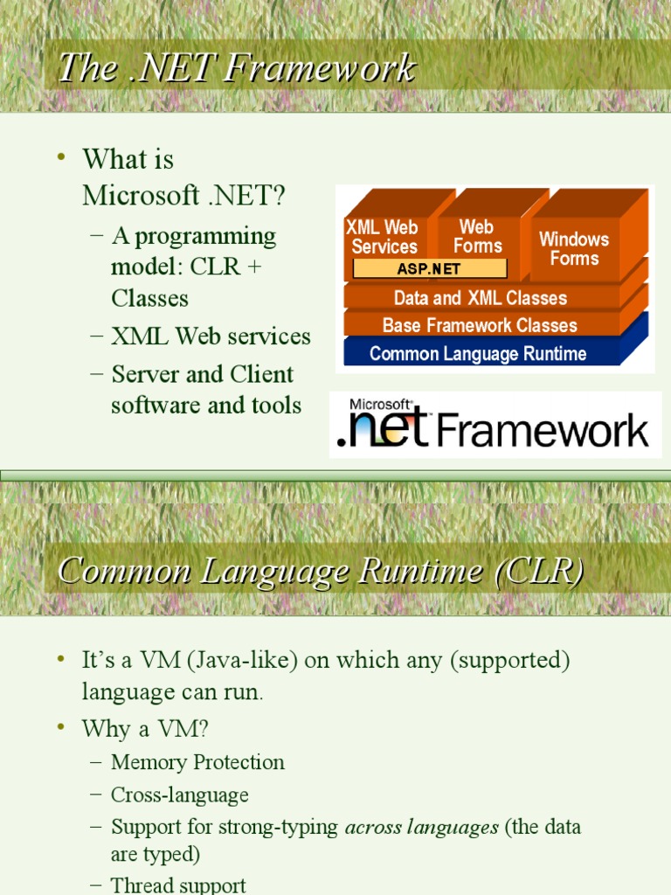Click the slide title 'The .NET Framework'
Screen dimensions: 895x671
(236, 69)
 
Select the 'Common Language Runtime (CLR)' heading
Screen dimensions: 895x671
(320, 571)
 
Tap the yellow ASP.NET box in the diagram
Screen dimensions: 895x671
(429, 268)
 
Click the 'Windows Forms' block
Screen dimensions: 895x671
(574, 248)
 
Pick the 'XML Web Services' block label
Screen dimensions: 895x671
(383, 237)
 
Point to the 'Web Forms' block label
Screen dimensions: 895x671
(477, 237)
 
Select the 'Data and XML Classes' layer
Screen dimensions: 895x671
(481, 298)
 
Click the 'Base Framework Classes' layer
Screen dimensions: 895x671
(480, 325)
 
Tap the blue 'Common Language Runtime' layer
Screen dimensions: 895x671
(478, 354)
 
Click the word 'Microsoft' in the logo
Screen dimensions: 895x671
(380, 406)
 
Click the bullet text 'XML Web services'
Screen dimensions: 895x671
(211, 336)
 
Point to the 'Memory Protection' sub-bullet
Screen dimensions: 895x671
(197, 762)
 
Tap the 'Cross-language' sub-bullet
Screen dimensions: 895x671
(179, 794)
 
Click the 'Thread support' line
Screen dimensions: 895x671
(178, 885)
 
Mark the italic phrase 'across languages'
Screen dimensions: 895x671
(422, 827)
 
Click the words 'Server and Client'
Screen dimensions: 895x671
(203, 374)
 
